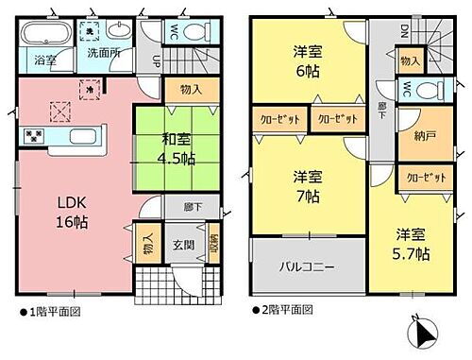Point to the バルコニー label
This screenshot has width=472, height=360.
[306, 267]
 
